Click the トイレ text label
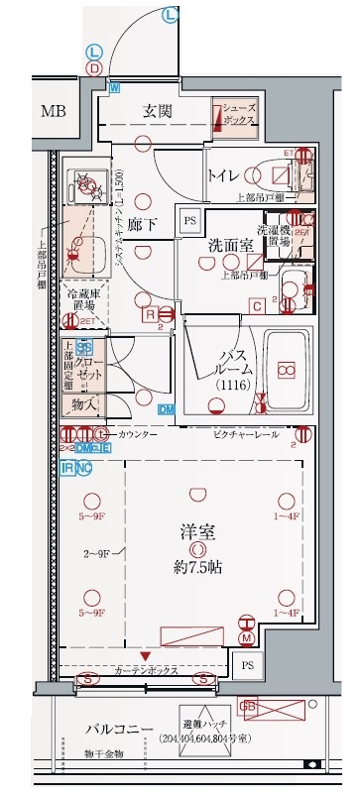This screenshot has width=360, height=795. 223,175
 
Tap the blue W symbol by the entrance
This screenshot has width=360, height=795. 114,88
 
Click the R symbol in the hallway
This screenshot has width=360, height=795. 149,314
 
